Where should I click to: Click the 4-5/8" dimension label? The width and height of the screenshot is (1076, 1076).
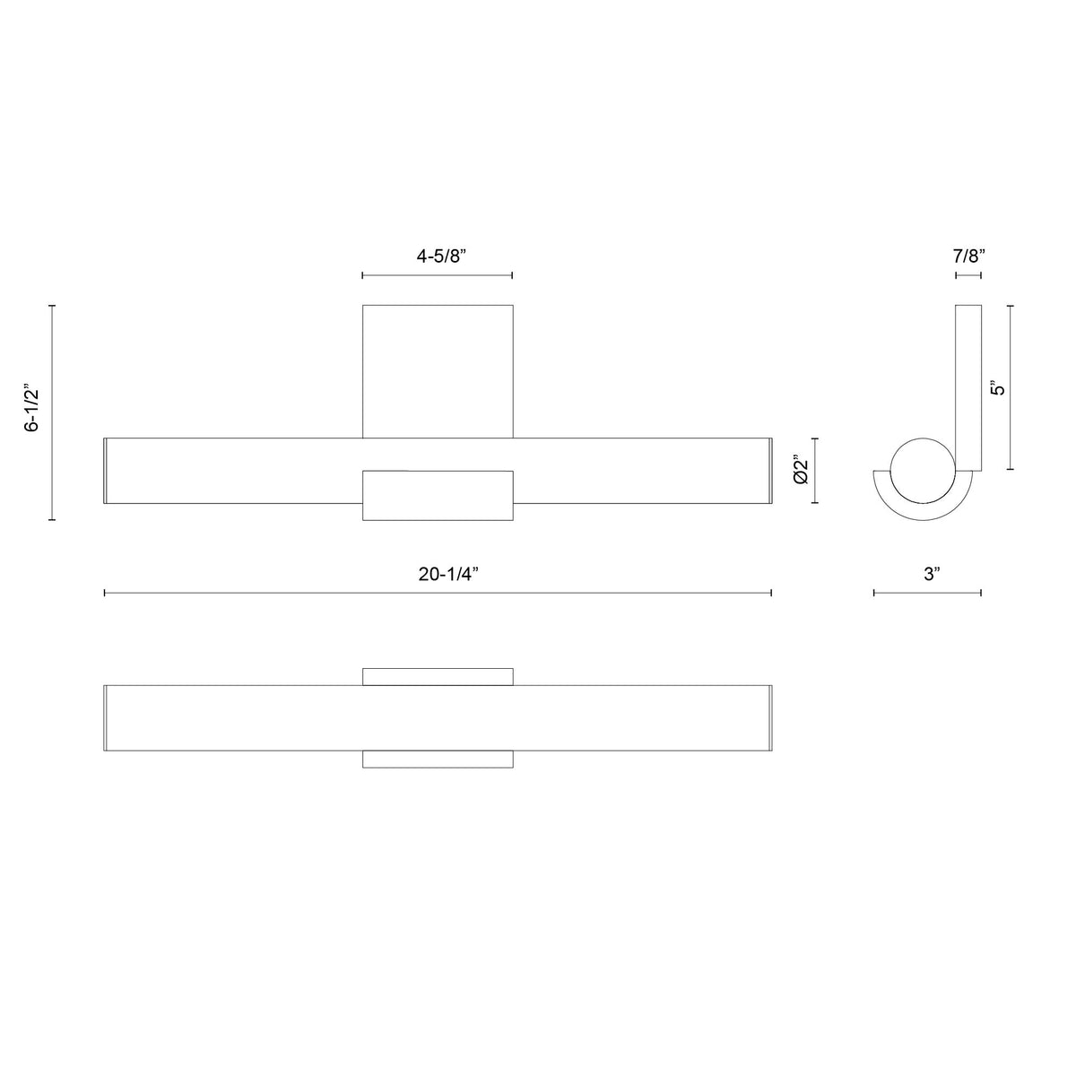(440, 256)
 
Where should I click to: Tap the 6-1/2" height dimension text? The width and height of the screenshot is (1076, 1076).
(32, 411)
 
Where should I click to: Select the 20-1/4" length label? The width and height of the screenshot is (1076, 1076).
(448, 574)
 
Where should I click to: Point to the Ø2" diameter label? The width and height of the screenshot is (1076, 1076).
(801, 471)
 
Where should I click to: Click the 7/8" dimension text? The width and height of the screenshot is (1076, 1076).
(968, 256)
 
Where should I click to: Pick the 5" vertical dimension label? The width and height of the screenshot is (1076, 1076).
(997, 388)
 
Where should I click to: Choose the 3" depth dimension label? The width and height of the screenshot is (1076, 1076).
(932, 574)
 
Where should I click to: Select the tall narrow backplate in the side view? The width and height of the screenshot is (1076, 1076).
(968, 387)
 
